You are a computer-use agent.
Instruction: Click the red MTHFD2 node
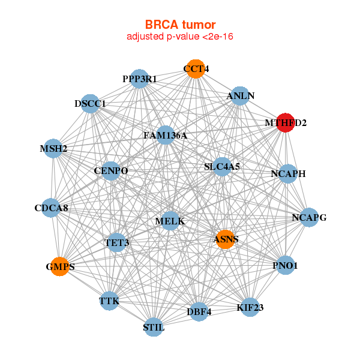(x=285, y=122)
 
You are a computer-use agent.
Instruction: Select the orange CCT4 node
(x=194, y=69)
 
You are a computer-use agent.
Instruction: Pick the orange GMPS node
(x=59, y=266)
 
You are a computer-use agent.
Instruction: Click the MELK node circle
(x=170, y=221)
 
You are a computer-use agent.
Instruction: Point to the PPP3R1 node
(x=139, y=79)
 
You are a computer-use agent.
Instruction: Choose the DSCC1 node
(x=89, y=104)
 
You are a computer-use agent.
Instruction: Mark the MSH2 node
(x=52, y=149)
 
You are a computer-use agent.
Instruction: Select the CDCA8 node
(x=51, y=208)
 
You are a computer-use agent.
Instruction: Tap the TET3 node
(x=117, y=243)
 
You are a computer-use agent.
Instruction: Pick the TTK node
(x=109, y=301)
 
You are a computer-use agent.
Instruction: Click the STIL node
(x=154, y=327)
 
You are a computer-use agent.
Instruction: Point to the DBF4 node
(x=199, y=311)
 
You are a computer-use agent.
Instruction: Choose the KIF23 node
(x=250, y=307)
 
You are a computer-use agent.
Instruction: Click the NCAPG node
(x=308, y=217)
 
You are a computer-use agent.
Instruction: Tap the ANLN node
(x=240, y=96)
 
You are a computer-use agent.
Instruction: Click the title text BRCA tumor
(x=180, y=25)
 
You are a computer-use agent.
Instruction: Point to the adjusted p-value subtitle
(x=180, y=37)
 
